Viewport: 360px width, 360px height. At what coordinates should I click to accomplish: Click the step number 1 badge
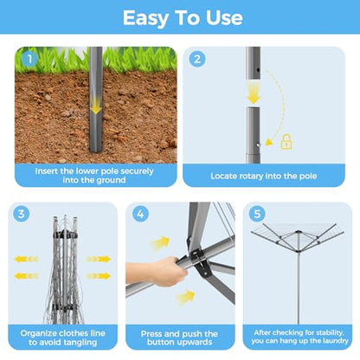click(29, 60)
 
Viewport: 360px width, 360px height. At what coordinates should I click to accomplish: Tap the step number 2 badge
click(197, 59)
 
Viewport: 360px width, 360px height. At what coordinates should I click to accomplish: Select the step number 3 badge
click(22, 214)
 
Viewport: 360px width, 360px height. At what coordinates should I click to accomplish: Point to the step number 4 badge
click(140, 214)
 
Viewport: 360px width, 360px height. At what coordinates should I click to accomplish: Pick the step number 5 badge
click(257, 214)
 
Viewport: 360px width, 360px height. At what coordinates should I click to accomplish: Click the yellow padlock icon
click(286, 142)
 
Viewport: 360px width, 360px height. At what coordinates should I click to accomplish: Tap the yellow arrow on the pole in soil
click(96, 108)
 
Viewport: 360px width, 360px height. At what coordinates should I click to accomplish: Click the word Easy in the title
click(145, 18)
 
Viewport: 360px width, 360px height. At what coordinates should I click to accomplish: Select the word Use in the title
click(224, 18)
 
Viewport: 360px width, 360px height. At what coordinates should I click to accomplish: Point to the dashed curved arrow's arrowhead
click(269, 142)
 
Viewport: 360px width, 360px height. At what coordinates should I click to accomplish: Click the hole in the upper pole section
click(258, 70)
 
